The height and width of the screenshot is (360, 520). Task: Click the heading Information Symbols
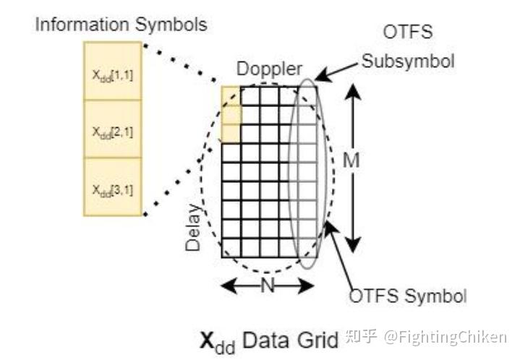[121, 25]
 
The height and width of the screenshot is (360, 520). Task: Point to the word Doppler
[269, 69]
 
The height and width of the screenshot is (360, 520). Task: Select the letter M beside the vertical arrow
[351, 161]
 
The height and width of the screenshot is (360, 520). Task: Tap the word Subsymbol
[409, 61]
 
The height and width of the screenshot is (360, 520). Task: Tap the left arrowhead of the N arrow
[226, 286]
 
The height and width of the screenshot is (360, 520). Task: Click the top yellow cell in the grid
[231, 95]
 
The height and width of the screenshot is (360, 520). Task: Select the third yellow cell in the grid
[231, 133]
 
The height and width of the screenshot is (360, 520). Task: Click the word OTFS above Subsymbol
[408, 34]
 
